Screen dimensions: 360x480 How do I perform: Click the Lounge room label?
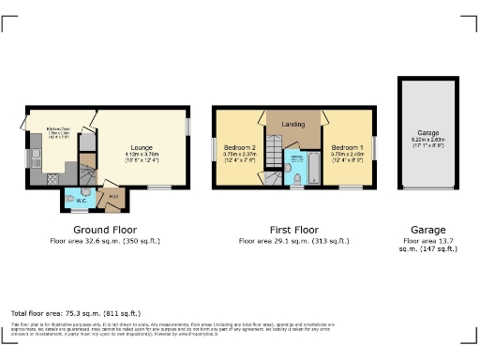[x=142, y=147]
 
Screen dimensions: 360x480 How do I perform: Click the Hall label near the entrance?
[x=113, y=196]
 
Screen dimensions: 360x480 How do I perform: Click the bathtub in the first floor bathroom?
[x=312, y=170]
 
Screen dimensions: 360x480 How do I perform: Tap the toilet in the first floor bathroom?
[x=296, y=177]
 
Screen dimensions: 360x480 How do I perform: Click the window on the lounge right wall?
[x=187, y=126]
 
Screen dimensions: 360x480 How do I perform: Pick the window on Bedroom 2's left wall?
[x=214, y=149]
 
